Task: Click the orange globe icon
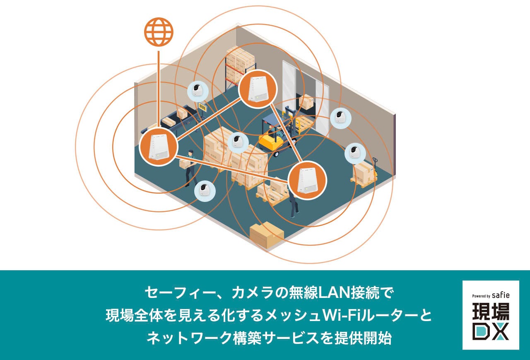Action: [159, 31]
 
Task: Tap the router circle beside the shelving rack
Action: [258, 89]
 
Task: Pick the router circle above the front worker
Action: [307, 180]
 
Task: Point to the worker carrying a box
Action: [189, 166]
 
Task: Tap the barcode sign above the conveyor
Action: [203, 108]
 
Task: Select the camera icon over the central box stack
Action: [238, 143]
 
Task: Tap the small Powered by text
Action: [481, 296]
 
